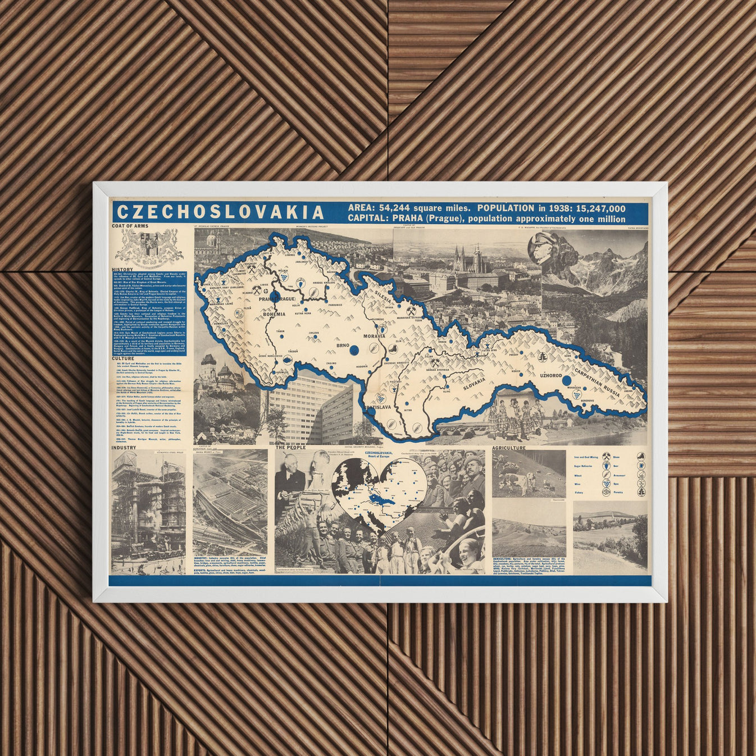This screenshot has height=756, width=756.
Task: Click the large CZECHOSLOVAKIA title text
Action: point(221,212)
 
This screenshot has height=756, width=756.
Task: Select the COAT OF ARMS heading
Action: point(130,226)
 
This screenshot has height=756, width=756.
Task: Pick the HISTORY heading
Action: point(122,270)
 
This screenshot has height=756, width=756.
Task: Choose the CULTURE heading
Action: point(123,358)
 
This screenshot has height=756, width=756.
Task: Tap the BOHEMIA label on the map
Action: point(275,315)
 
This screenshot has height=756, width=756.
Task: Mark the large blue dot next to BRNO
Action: point(354,350)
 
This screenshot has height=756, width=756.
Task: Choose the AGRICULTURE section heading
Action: point(509,448)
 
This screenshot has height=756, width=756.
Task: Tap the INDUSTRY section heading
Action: point(124,448)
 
